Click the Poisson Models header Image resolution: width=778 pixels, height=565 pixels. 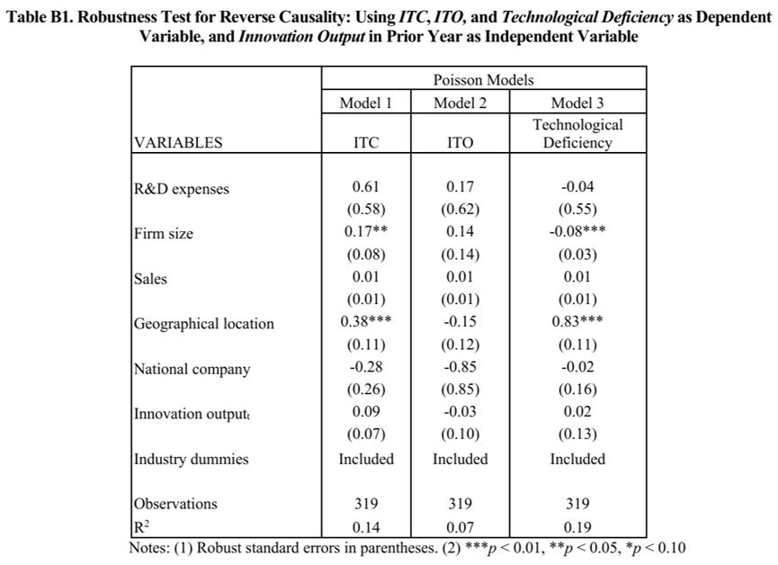click(x=483, y=80)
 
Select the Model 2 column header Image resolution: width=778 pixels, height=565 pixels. click(x=460, y=103)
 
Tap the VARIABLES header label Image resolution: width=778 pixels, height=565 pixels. click(x=178, y=142)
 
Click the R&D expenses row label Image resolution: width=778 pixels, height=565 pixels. click(x=182, y=189)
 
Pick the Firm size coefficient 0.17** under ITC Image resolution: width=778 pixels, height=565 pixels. click(x=366, y=231)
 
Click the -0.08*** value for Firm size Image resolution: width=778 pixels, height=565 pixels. click(x=577, y=231)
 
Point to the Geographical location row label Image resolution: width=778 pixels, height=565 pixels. click(x=204, y=324)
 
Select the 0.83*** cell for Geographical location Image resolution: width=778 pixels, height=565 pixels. click(x=577, y=321)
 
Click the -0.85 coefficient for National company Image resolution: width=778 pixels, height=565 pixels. click(x=460, y=366)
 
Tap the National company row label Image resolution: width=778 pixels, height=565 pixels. click(x=192, y=370)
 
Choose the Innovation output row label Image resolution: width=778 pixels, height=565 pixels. click(x=192, y=414)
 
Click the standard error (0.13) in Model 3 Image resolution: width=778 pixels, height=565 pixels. click(x=577, y=434)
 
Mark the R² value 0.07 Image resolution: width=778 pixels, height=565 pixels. click(x=460, y=527)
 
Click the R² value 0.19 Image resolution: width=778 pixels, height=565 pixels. click(x=577, y=527)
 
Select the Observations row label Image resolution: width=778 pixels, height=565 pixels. click(x=175, y=504)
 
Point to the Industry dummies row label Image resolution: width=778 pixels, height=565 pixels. click(x=191, y=459)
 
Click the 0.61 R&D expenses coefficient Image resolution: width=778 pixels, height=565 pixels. click(x=366, y=186)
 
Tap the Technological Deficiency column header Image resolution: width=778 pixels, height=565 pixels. click(x=577, y=133)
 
